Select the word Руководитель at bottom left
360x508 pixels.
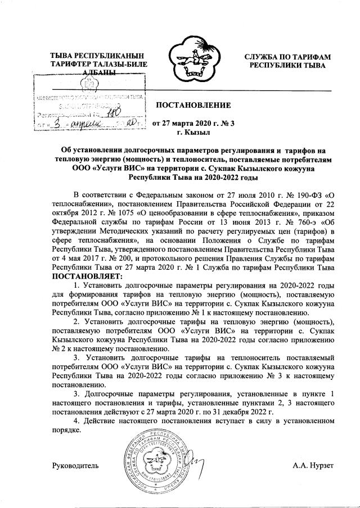click(x=75, y=466)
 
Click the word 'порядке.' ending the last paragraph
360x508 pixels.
click(x=67, y=431)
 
